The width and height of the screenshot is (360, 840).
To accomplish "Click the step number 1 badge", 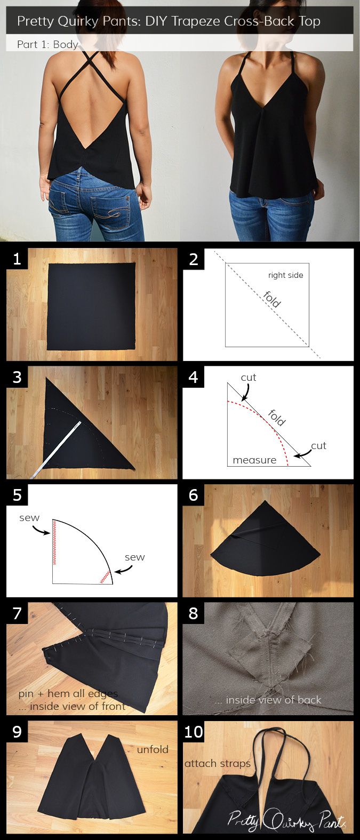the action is point(17,259).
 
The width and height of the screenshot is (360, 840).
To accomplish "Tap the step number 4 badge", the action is point(193,377).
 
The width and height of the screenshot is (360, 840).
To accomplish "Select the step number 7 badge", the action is point(17,613).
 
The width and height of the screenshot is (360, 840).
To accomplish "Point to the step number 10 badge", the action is point(194,732).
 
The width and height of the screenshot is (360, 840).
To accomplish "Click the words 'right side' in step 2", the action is point(285,275).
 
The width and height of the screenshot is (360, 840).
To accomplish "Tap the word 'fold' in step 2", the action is point(272,299).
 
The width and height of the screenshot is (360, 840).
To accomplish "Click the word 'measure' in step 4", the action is point(254,460).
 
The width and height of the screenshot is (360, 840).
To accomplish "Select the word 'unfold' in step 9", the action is point(152,749).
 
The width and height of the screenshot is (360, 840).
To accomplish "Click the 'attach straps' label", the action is point(218,764).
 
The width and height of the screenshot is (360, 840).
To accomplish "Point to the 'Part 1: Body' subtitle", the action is point(47,44).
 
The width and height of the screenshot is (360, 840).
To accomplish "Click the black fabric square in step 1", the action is point(91,306).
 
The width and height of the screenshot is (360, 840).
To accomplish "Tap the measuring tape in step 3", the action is point(56,449).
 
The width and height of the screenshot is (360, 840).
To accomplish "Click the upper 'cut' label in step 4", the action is point(248,378).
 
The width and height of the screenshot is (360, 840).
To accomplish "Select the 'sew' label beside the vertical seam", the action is point(29,518).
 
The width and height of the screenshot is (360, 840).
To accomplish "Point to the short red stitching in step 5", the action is point(105,577).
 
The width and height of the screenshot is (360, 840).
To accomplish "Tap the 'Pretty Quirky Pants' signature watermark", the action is point(286,820).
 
